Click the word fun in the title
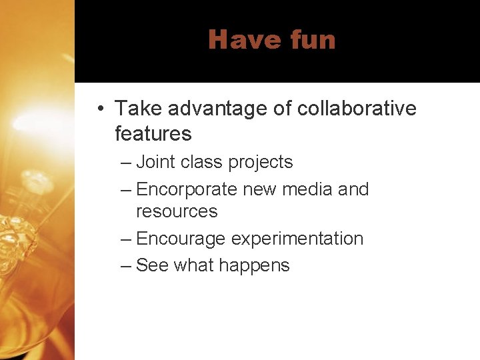pos(313,40)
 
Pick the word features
pos(153,133)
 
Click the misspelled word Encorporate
pos(186,190)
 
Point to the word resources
pos(177,212)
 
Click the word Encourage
pos(181,239)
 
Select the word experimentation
pos(297,239)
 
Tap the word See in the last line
pos(152,265)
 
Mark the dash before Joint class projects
pos(126,163)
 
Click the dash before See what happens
pos(126,266)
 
